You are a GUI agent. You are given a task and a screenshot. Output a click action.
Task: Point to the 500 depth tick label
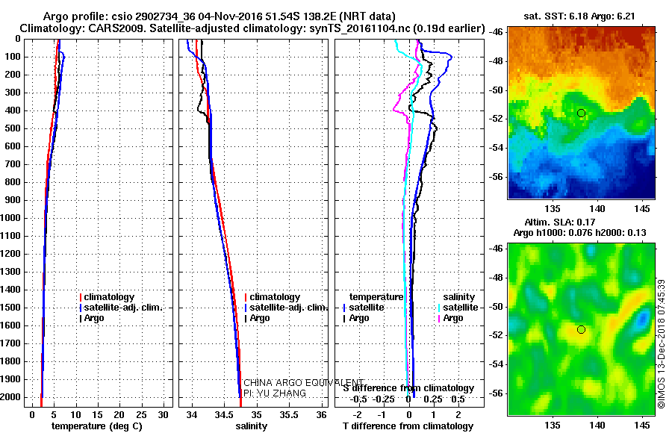click(x=13, y=128)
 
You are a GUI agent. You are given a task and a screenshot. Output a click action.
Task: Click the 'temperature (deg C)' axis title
click(x=97, y=426)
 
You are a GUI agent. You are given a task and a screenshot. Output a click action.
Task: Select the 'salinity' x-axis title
click(x=251, y=426)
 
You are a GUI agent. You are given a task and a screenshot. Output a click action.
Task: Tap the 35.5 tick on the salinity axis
click(x=289, y=415)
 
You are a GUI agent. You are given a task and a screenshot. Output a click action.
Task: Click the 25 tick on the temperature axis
click(x=141, y=415)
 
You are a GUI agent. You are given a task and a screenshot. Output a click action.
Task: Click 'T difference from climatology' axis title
click(x=408, y=426)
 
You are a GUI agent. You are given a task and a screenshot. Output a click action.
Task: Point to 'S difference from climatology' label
click(x=409, y=388)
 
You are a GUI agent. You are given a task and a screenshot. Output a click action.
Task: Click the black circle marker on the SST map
click(x=581, y=113)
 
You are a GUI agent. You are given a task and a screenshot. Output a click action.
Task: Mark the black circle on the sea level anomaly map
click(x=581, y=330)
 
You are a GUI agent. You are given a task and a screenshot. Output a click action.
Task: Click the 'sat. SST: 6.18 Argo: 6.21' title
click(x=579, y=16)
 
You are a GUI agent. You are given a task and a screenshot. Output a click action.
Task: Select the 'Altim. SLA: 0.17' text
click(x=560, y=222)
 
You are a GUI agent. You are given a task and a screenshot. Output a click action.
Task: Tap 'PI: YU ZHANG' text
click(x=275, y=393)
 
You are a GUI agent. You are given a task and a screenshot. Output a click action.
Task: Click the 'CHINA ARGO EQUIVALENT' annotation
click(x=303, y=383)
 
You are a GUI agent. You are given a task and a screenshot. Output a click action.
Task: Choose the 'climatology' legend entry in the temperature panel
click(x=107, y=297)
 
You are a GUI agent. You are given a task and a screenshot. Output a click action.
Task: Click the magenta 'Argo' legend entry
click(x=450, y=318)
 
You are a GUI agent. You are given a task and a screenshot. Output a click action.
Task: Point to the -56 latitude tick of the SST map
click(x=497, y=177)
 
